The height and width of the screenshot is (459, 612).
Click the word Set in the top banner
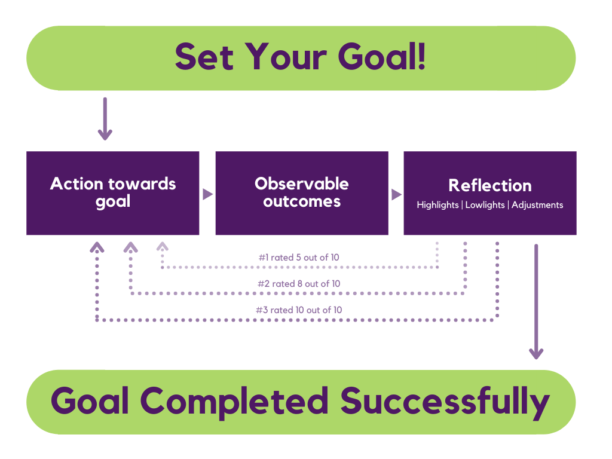point(204,57)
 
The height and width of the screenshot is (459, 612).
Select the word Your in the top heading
point(286,57)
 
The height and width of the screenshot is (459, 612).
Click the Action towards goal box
point(113,193)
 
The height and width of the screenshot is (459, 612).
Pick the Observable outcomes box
point(302,193)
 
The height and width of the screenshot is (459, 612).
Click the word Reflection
point(490,185)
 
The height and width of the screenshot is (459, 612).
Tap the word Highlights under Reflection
point(437,205)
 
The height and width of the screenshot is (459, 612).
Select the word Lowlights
point(485,205)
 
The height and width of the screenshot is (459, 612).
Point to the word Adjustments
point(537,205)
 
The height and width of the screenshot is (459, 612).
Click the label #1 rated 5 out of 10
point(299,258)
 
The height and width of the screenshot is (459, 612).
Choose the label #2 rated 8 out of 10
point(299,284)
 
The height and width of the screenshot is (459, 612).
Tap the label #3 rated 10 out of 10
point(299,310)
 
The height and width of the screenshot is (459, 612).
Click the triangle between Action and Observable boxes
point(207,194)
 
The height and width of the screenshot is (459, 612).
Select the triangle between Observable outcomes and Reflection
point(397,194)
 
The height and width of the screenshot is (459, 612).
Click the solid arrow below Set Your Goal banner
point(105,119)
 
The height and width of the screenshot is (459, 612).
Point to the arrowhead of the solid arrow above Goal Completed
point(536,354)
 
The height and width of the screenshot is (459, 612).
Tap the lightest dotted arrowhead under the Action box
point(163,246)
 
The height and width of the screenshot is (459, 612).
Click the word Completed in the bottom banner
point(234,401)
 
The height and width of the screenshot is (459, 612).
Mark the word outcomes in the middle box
point(302,202)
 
